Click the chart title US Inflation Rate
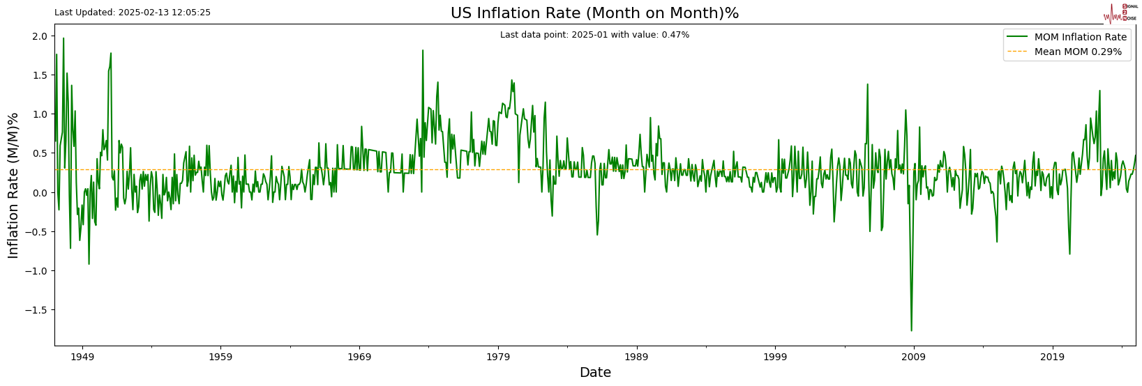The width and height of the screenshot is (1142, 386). (x=594, y=13)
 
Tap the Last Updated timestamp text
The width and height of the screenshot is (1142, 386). (x=133, y=13)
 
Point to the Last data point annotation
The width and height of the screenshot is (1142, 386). (x=594, y=35)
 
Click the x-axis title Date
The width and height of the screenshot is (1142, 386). (x=595, y=373)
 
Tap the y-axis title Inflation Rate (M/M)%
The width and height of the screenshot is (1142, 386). (x=13, y=185)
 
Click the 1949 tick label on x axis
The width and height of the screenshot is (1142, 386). (x=82, y=357)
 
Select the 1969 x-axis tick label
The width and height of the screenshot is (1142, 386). (x=359, y=357)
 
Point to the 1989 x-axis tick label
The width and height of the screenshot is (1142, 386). (x=636, y=357)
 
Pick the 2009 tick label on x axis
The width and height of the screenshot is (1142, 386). (x=914, y=357)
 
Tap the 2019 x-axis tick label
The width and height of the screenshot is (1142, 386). (x=1052, y=357)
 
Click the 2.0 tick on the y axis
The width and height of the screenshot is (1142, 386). (x=40, y=36)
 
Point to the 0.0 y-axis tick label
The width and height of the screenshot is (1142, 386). (x=40, y=193)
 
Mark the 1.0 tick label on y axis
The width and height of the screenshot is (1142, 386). (x=40, y=114)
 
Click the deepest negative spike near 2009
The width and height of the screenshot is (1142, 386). (x=911, y=330)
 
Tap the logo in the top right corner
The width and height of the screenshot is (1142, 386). (x=1119, y=13)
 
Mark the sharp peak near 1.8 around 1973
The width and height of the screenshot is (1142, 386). (x=422, y=50)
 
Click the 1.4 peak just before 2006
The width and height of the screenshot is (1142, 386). (x=867, y=85)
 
